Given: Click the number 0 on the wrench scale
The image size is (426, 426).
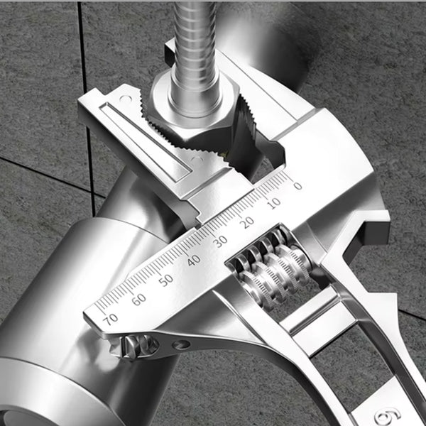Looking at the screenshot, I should tap(297, 186).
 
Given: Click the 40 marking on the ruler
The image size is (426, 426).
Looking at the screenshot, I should tap(193, 260).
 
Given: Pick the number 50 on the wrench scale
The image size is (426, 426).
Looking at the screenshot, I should tap(165, 279).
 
